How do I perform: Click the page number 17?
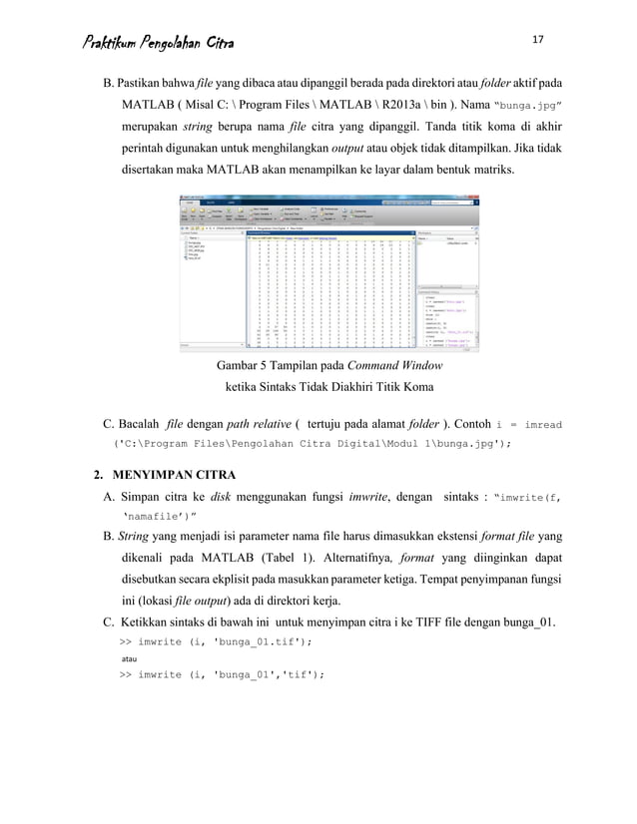538,39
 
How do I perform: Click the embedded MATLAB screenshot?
329,271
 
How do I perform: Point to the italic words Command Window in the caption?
391,366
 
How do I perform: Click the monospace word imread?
541,423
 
